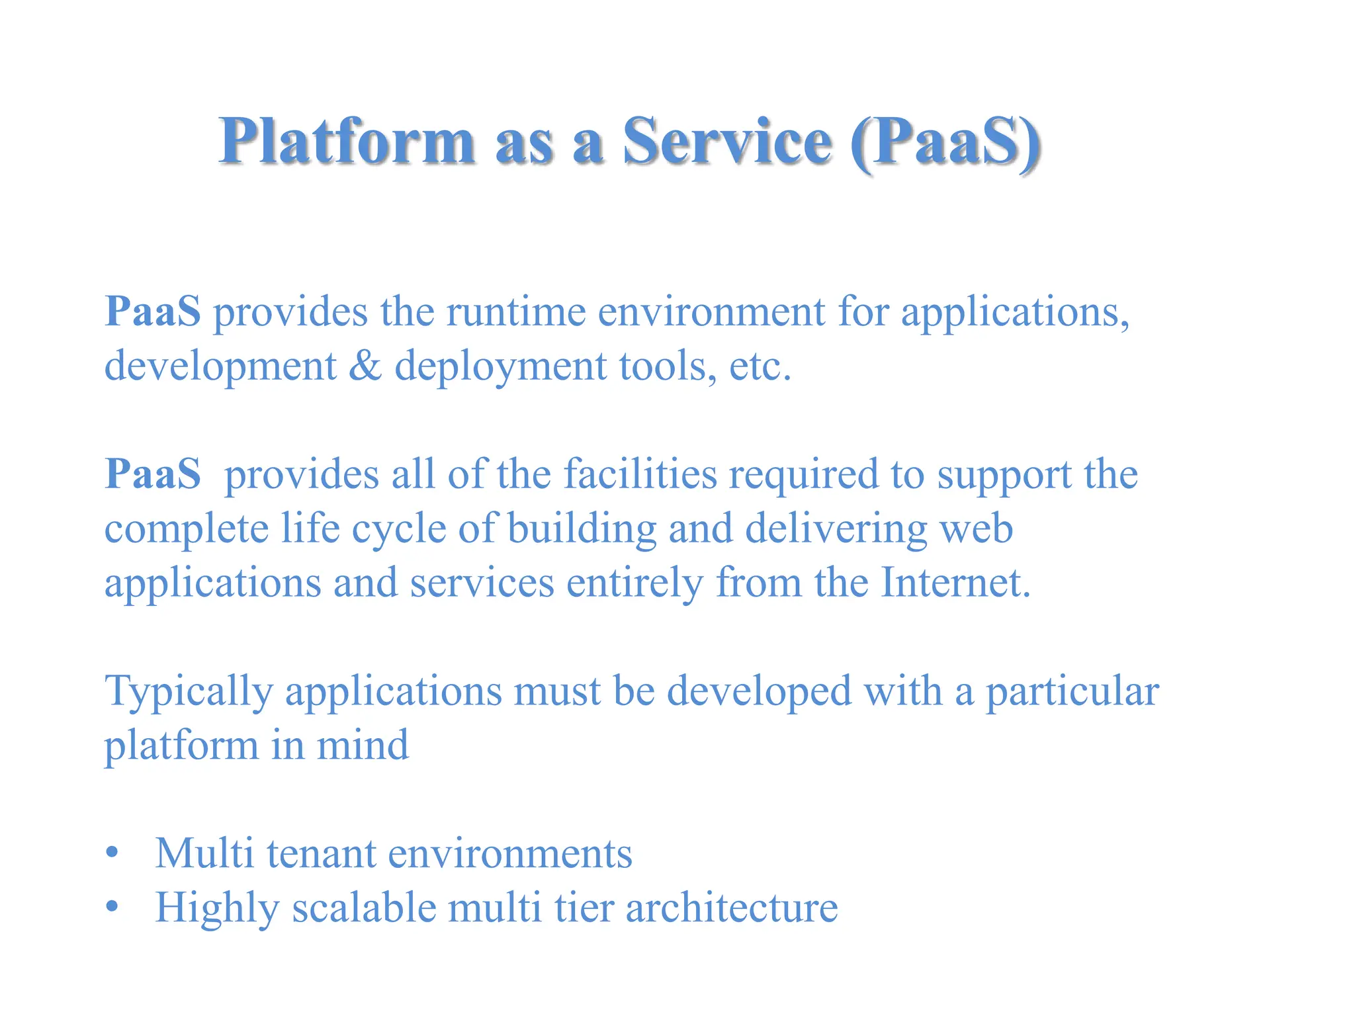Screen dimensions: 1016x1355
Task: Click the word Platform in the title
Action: [x=347, y=142]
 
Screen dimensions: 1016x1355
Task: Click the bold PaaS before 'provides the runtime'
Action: [x=152, y=311]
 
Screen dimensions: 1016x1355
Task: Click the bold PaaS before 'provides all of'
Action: [x=152, y=474]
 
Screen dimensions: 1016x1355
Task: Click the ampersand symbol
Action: [x=365, y=366]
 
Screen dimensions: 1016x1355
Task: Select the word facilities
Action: [x=640, y=474]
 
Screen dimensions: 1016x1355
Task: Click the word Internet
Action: [x=955, y=583]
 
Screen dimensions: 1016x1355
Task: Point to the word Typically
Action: [x=189, y=692]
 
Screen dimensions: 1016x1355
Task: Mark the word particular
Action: [x=1072, y=692]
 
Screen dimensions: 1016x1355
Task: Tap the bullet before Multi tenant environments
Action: [x=112, y=853]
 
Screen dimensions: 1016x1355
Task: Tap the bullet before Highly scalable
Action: [x=112, y=907]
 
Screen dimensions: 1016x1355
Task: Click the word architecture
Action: [x=732, y=908]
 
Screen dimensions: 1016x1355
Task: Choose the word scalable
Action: [x=364, y=908]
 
